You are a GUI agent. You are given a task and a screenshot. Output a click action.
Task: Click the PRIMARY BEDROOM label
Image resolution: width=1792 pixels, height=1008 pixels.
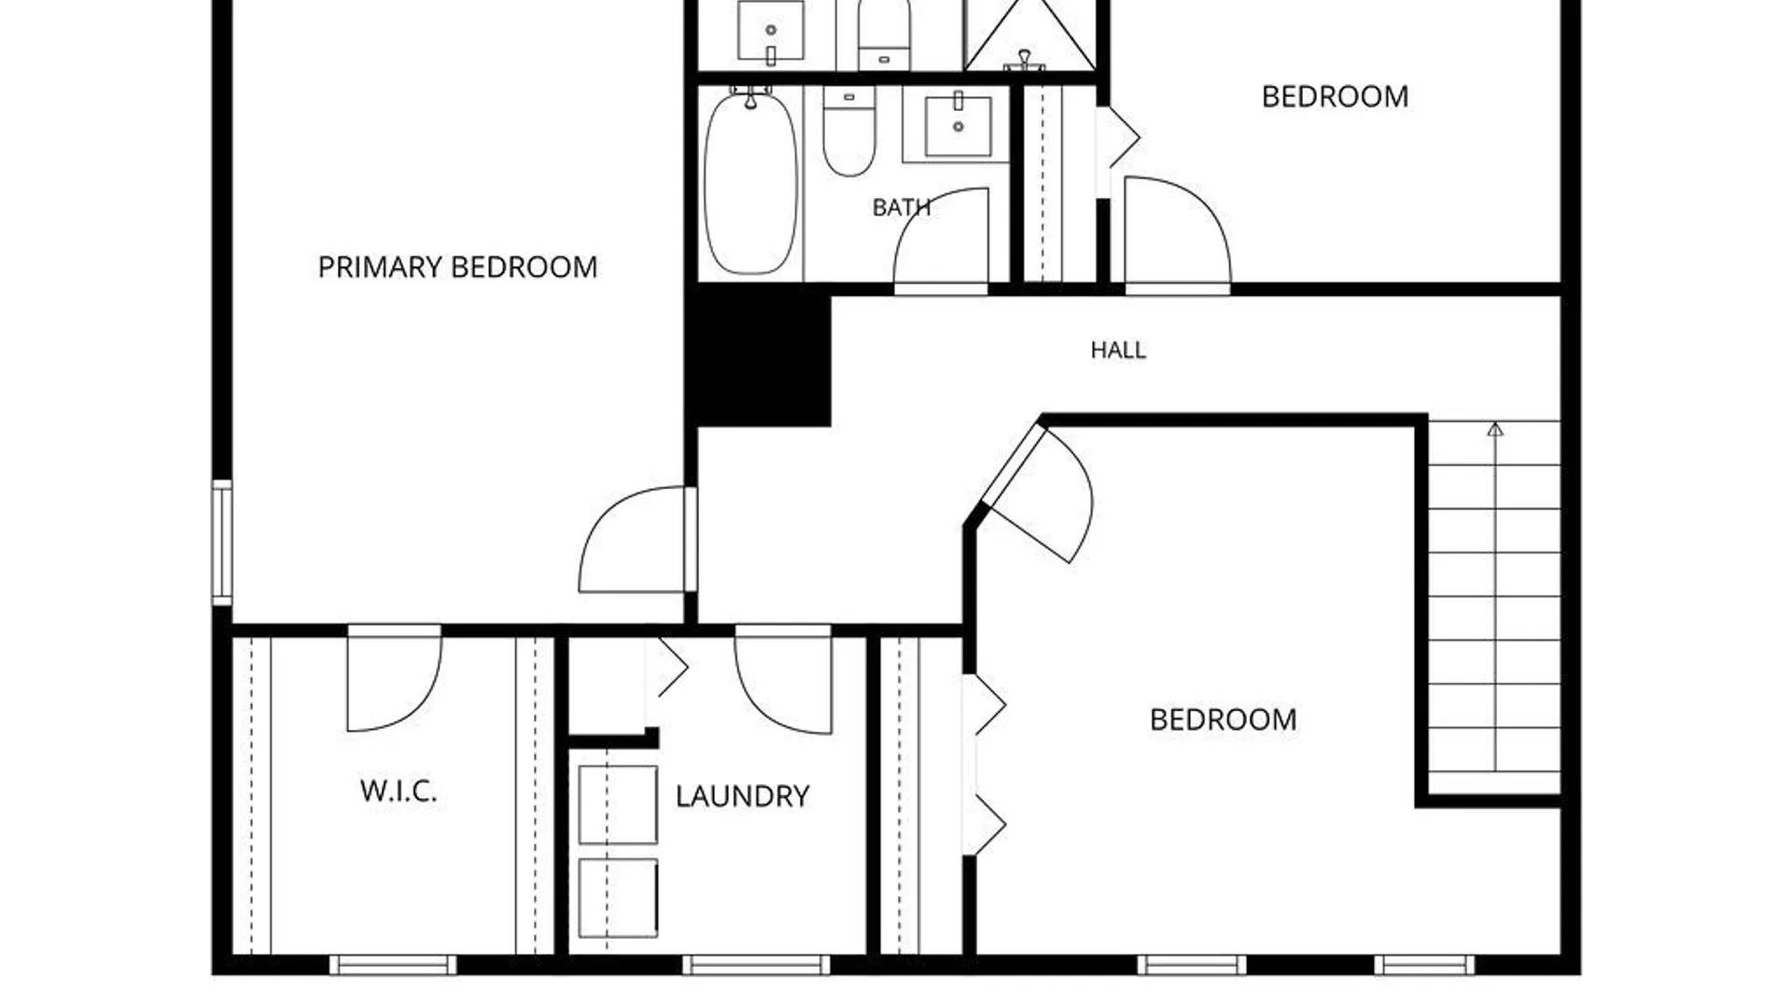tap(457, 268)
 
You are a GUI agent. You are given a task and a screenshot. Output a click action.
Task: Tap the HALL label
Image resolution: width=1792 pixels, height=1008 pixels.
tap(1118, 350)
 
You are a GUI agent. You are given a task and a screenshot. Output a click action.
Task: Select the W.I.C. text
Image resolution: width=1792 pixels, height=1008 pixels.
tap(399, 791)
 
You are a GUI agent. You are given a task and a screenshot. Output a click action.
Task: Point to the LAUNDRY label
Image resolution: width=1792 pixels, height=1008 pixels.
tap(742, 796)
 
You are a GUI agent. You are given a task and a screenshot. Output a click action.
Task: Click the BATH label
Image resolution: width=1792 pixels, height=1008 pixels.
tap(901, 207)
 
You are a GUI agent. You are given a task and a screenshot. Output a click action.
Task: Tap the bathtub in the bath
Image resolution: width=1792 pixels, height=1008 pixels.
tap(750, 182)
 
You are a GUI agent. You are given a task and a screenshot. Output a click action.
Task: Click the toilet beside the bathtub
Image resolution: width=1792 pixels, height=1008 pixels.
tap(848, 131)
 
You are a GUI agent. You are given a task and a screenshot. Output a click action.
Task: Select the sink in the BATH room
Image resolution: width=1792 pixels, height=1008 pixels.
tap(958, 125)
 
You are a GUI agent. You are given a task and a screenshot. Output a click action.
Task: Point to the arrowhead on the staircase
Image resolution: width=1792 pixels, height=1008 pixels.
tap(1495, 429)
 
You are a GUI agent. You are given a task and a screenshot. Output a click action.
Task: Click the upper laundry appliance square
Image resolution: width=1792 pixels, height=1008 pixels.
tap(618, 805)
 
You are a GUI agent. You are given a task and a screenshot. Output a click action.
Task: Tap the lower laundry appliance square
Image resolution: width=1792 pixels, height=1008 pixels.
tap(618, 898)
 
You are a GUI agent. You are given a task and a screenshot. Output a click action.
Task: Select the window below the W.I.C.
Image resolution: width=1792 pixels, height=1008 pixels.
tap(393, 964)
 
